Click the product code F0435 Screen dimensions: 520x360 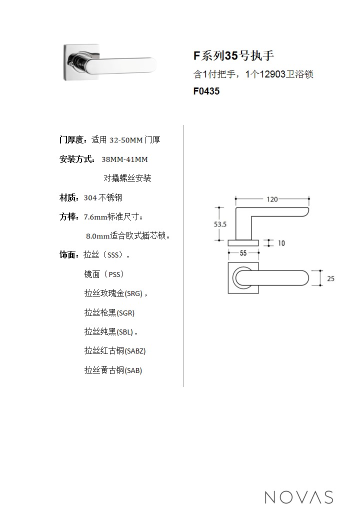(206, 91)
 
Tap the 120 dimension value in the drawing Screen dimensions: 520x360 (271, 199)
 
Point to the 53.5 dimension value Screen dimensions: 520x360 (220, 224)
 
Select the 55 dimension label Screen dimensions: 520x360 (243, 253)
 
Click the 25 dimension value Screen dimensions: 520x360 (330, 278)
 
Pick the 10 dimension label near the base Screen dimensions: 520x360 (281, 243)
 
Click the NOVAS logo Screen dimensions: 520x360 (298, 496)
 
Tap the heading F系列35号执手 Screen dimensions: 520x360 (233, 55)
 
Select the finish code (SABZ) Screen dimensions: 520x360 (135, 351)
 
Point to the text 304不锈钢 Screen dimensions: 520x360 (103, 197)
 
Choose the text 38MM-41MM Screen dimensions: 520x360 (124, 159)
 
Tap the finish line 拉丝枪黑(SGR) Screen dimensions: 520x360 (109, 312)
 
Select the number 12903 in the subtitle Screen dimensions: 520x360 (272, 74)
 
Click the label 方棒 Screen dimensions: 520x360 (69, 216)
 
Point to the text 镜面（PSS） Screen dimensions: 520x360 (104, 274)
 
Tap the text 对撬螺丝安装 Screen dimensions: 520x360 (127, 178)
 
